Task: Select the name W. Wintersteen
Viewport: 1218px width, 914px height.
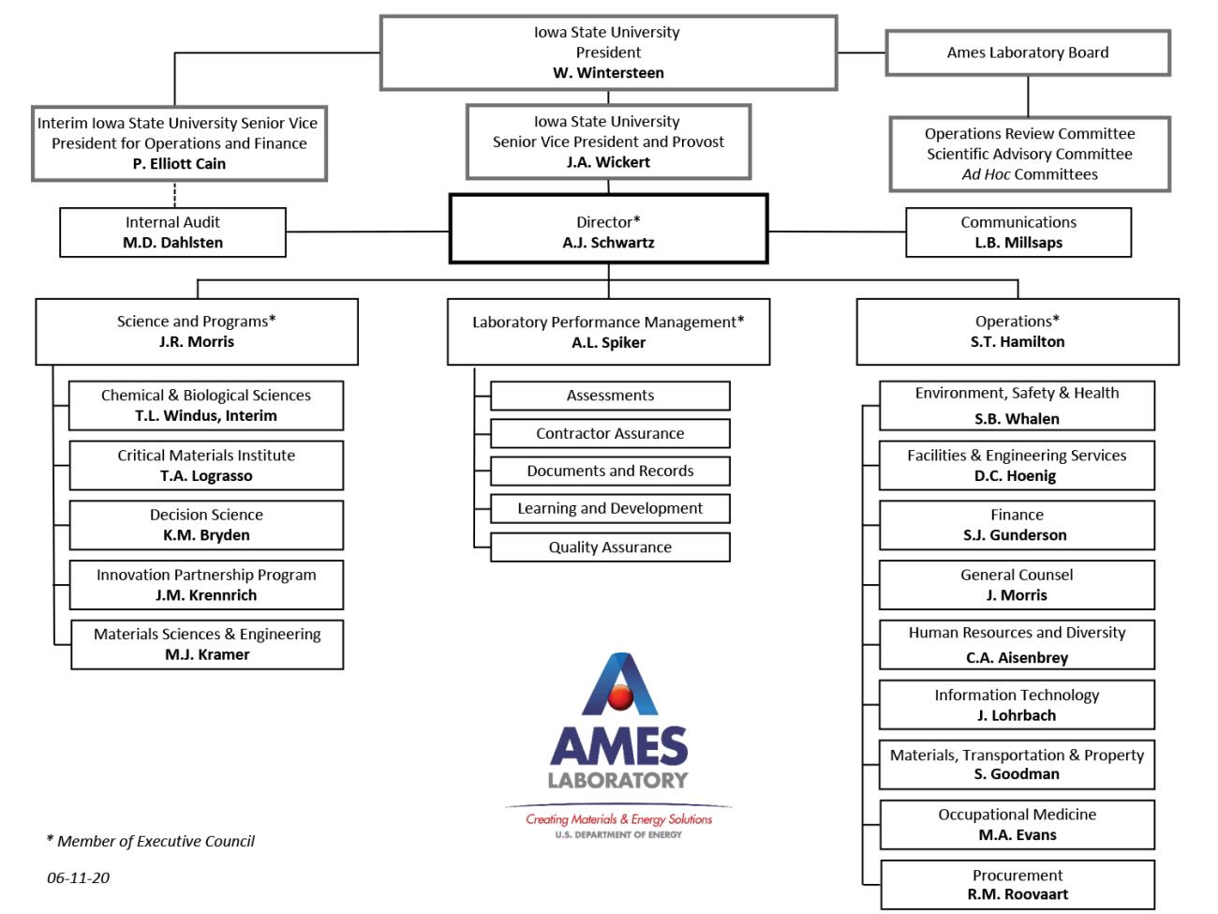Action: [608, 73]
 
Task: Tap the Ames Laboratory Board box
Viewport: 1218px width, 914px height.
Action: [1027, 52]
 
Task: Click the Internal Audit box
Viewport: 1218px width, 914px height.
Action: [172, 232]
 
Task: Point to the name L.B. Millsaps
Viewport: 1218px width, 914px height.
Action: [1018, 243]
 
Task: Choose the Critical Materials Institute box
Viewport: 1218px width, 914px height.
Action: [206, 465]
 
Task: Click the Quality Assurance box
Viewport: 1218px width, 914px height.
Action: [610, 547]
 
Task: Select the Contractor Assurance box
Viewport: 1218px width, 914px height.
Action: [610, 433]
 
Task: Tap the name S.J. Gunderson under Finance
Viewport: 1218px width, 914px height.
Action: [1017, 535]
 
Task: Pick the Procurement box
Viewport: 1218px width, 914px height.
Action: [1017, 884]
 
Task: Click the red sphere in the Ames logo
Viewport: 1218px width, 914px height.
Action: [619, 697]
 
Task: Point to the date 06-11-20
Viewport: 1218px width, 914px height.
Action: [78, 878]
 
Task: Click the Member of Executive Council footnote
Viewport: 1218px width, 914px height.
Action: [151, 842]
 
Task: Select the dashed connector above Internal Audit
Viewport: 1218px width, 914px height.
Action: [174, 194]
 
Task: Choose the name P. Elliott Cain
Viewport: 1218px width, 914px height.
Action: [179, 164]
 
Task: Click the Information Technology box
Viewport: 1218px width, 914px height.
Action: [1017, 705]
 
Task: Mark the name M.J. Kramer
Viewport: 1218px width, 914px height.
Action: [207, 655]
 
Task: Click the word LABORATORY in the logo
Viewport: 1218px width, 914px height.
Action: [617, 780]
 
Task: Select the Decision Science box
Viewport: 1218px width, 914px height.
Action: [206, 525]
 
